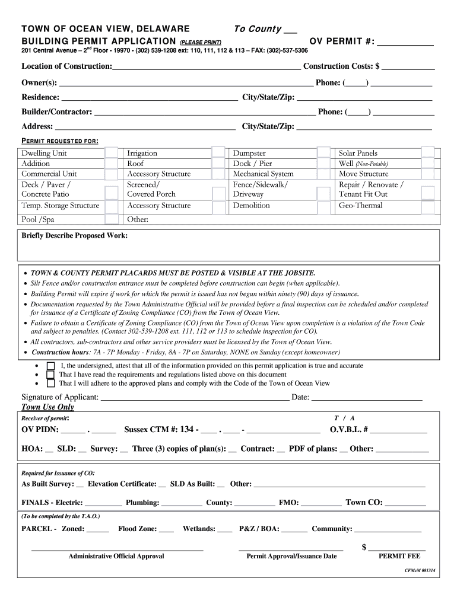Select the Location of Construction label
point(66,66)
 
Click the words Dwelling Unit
point(44,153)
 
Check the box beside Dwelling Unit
point(111,153)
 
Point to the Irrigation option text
point(142,153)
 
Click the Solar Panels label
point(358,153)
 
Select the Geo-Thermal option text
point(360,206)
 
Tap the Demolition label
point(251,206)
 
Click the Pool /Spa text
point(37,219)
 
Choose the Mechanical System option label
point(263,174)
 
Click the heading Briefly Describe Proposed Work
point(74,235)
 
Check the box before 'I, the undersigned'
point(50,366)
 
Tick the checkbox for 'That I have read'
point(50,375)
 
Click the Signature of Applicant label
point(60,397)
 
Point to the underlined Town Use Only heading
point(47,407)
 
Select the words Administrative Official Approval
point(116,556)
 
